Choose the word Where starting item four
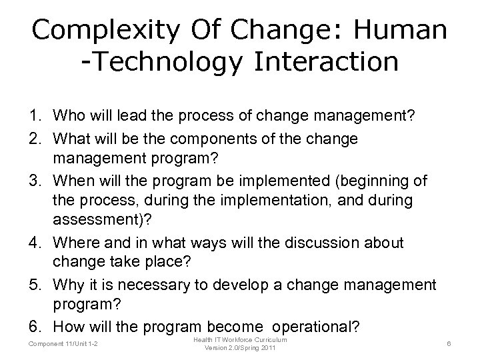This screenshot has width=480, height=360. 77,243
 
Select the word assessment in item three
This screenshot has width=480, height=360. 90,223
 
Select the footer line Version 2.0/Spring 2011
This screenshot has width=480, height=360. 239,349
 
